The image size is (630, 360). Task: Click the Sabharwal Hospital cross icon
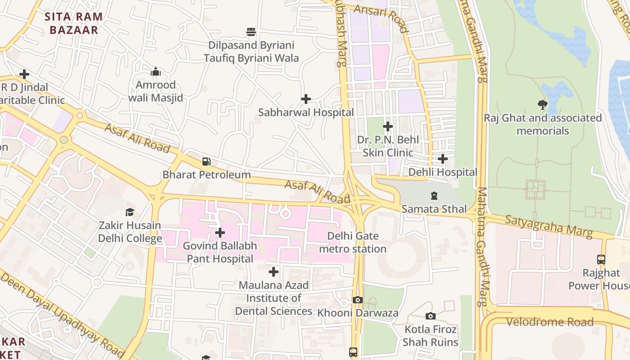(x=306, y=99)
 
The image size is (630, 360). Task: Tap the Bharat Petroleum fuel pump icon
(x=207, y=161)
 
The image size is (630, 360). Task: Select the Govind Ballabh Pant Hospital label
(x=220, y=252)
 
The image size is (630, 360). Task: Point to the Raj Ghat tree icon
(x=543, y=105)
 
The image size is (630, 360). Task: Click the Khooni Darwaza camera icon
(x=358, y=300)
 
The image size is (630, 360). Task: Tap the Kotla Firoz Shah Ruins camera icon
(x=431, y=316)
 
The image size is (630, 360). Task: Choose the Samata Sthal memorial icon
(x=434, y=196)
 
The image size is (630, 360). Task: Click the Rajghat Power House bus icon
(x=601, y=259)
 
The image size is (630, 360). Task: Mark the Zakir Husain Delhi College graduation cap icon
(x=130, y=212)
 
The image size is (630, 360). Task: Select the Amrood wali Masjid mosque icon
(x=156, y=72)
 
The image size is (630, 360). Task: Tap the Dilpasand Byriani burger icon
(x=251, y=32)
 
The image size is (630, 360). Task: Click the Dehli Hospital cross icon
(x=443, y=159)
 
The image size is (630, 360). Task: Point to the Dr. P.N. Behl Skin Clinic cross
(x=388, y=126)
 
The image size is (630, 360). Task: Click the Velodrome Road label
(x=549, y=322)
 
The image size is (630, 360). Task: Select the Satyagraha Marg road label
(x=548, y=226)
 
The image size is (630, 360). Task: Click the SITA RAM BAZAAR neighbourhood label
(x=74, y=23)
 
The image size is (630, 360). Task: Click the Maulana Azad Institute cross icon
(x=274, y=272)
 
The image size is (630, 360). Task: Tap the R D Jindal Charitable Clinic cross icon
(x=24, y=74)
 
